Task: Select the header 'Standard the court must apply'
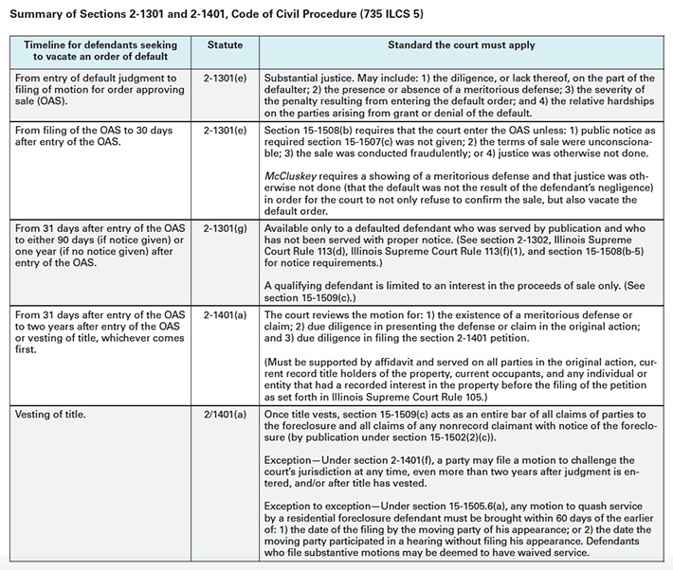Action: point(461,45)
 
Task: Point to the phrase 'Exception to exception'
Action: point(325,507)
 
